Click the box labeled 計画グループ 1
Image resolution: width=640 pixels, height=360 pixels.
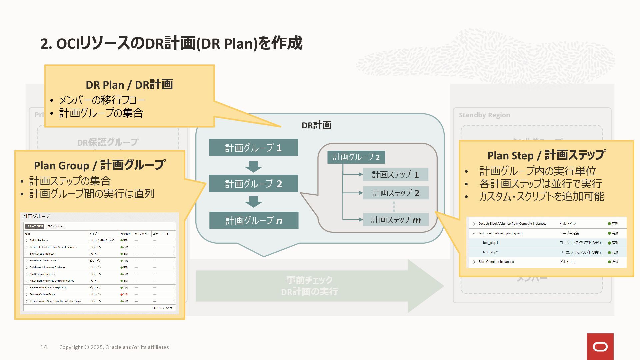coord(253,147)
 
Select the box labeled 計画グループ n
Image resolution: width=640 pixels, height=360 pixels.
coord(254,220)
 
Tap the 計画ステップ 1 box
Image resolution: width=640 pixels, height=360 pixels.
coord(395,174)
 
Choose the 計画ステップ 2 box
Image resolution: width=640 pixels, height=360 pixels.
coord(396,193)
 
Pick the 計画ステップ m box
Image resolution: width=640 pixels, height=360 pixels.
coord(396,220)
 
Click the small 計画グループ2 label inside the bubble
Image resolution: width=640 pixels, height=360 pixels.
coord(356,157)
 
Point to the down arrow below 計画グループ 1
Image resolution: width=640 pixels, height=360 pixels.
coord(253,166)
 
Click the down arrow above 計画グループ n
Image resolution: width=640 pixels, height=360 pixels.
coord(253,202)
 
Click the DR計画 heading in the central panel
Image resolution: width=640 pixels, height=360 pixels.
coord(316,125)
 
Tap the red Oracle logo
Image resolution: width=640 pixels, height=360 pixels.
coord(600,347)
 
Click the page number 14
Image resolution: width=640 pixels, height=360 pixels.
coord(44,347)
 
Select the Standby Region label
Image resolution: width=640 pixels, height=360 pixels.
coord(484,115)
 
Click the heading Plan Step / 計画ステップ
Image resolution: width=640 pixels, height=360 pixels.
coord(546,155)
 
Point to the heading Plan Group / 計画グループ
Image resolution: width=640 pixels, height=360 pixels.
coord(99,165)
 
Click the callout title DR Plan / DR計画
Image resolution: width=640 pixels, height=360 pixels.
coord(129,85)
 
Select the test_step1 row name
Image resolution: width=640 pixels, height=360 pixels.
coord(490,243)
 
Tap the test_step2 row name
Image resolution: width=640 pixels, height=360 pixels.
coord(490,252)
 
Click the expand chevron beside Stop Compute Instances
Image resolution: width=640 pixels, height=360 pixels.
coord(474,262)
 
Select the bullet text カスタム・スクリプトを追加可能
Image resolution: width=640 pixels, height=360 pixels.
coord(541,197)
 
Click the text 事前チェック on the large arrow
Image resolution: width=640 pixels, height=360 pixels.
coord(309,280)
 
